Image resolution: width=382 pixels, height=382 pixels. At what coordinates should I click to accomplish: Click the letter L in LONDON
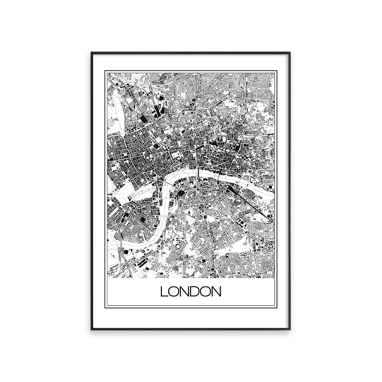click(164, 292)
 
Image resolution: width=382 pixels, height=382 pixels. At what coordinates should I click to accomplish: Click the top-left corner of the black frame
click(91, 52)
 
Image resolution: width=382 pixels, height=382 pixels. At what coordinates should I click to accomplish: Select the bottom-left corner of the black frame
click(91, 329)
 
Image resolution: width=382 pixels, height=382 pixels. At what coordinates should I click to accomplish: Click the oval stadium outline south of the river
click(178, 247)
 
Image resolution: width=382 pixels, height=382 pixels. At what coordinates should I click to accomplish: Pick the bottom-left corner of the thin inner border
click(105, 307)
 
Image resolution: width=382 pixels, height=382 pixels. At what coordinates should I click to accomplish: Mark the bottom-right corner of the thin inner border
click(277, 307)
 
